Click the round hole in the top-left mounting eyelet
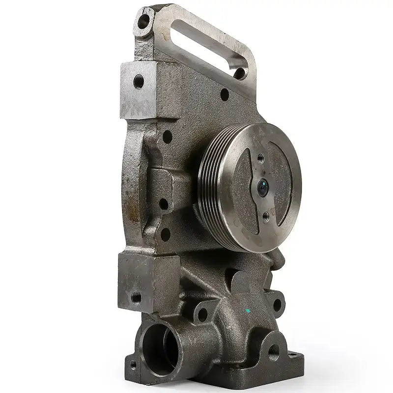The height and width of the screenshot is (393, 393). pos(144,21)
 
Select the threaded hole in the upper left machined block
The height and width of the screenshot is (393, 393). pos(139,81)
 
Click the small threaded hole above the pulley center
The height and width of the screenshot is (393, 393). pos(260,158)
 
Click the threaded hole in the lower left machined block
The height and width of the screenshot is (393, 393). pos(136,297)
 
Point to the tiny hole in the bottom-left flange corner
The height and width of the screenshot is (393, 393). pos(133,365)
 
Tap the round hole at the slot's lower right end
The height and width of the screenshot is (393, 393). pos(240,74)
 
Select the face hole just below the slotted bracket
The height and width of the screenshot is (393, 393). pos(225,95)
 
